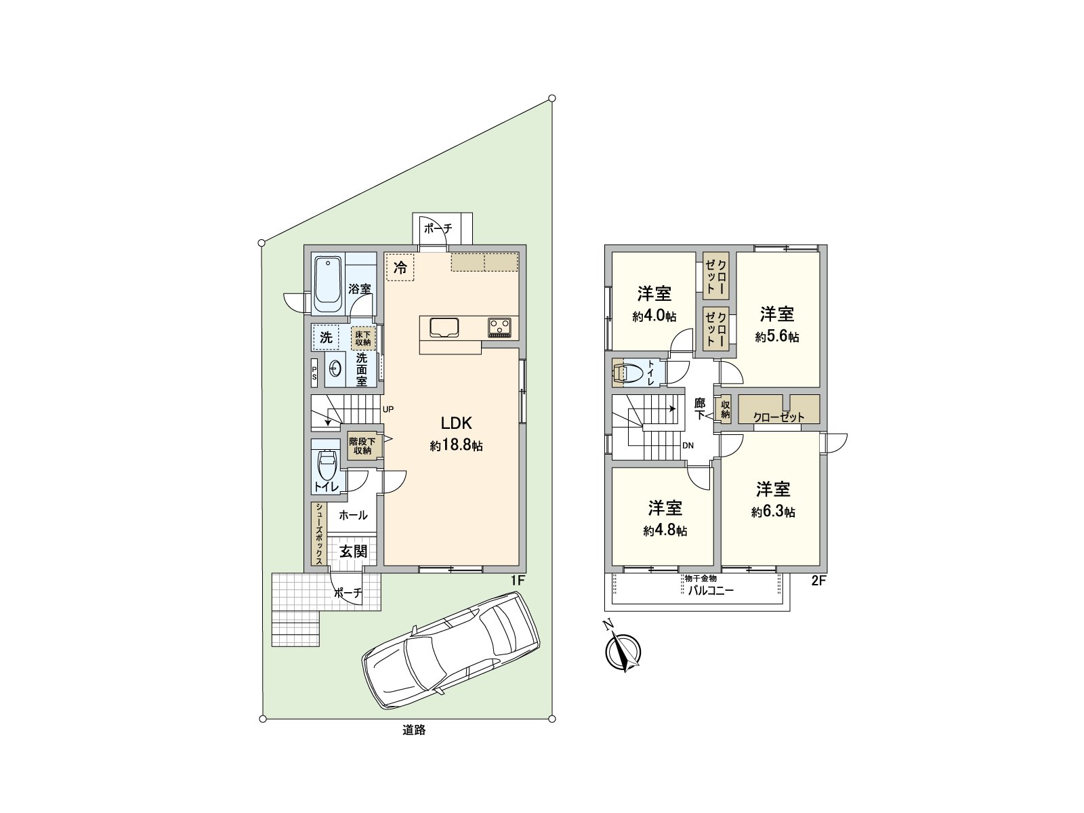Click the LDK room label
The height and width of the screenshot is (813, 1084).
tap(457, 423)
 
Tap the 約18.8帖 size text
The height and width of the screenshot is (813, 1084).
tap(456, 446)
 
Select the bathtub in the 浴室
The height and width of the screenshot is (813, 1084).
tap(328, 284)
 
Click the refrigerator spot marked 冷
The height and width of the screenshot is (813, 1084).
tap(400, 267)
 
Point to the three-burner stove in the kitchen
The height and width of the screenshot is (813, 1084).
tap(500, 327)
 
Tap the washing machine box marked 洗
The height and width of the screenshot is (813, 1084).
tap(326, 337)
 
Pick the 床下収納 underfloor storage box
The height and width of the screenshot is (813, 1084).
tap(363, 338)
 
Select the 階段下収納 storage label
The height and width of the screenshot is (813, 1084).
tap(362, 446)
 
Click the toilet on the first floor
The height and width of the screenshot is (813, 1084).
tap(327, 464)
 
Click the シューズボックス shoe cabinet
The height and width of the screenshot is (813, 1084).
tap(318, 534)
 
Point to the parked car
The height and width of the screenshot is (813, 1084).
tap(451, 650)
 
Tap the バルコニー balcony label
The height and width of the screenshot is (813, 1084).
tap(711, 590)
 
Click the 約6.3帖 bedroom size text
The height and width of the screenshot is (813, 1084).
tap(774, 512)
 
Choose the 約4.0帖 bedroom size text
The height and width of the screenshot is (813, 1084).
tap(654, 316)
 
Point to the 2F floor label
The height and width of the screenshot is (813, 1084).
tap(819, 581)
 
